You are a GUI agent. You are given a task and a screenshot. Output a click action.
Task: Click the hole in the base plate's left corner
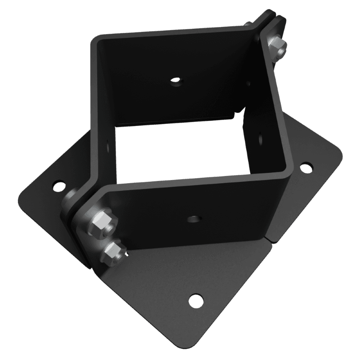58,185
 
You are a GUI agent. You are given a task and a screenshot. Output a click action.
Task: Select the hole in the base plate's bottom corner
195,299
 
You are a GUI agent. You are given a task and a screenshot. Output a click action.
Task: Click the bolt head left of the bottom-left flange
70,198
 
